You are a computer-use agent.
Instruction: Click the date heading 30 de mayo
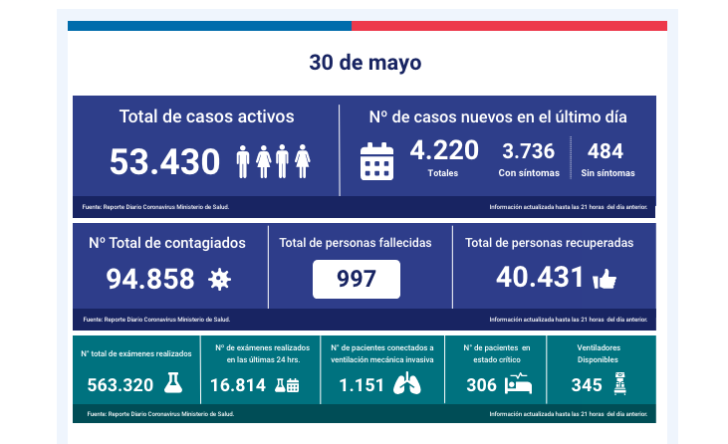[x=364, y=63]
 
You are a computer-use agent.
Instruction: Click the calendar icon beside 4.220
[x=377, y=160]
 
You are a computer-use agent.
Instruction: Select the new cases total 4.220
[x=444, y=150]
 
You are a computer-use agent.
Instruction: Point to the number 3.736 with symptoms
[x=528, y=151]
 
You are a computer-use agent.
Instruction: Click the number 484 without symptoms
[x=606, y=151]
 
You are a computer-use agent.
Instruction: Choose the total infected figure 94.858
[x=150, y=280]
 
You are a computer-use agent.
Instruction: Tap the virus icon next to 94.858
[x=219, y=281]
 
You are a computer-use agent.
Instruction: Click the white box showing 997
[x=357, y=280]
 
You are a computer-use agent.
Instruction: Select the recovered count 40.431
[x=539, y=279]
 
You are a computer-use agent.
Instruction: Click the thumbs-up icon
[x=605, y=280]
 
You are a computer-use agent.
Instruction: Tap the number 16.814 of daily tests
[x=238, y=385]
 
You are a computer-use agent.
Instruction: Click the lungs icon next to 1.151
[x=407, y=384]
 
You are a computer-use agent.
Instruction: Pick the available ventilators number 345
[x=587, y=385]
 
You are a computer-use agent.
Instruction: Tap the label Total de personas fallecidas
[x=355, y=242]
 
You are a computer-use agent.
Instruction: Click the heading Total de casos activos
[x=206, y=116]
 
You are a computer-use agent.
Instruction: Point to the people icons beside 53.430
[x=274, y=160]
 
